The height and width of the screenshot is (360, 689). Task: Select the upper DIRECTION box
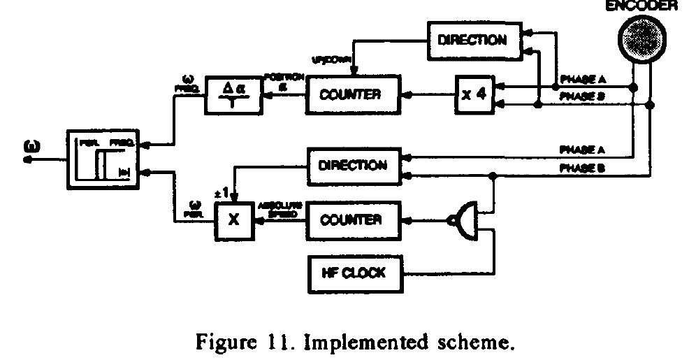pyautogui.click(x=474, y=40)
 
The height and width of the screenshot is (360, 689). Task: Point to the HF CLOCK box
pyautogui.click(x=356, y=273)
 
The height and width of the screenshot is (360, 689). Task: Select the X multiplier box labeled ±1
pyautogui.click(x=234, y=219)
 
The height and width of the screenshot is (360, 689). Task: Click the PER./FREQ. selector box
pyautogui.click(x=103, y=159)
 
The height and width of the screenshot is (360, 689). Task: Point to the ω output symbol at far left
pyautogui.click(x=31, y=147)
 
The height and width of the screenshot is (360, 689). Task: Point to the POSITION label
pyautogui.click(x=283, y=78)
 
